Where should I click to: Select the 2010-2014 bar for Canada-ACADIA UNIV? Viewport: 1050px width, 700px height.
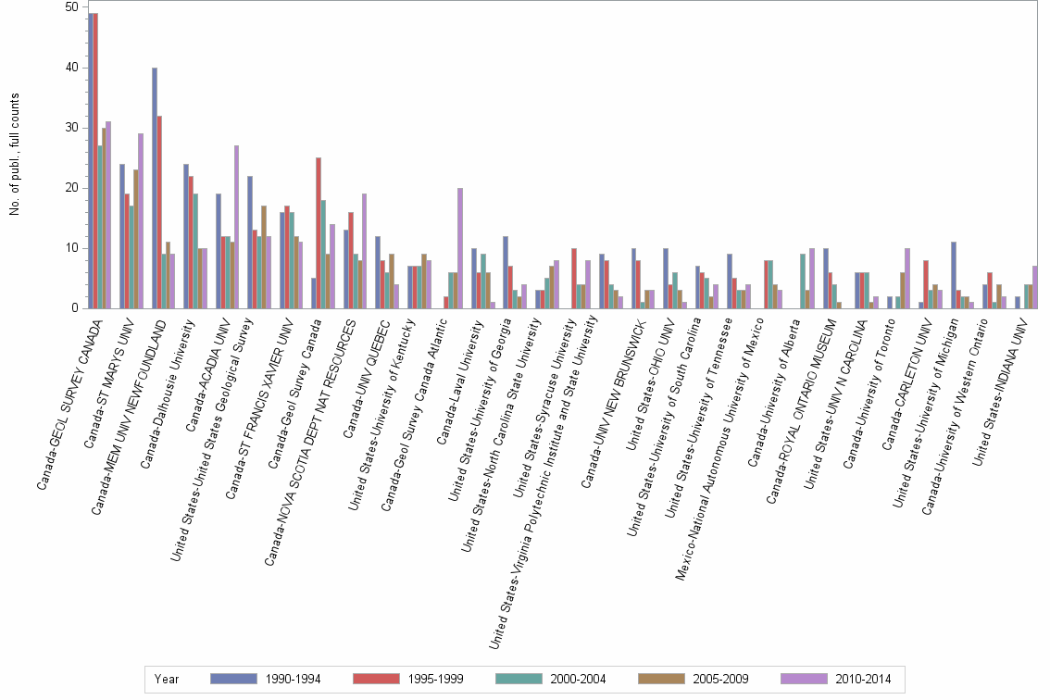coord(237,227)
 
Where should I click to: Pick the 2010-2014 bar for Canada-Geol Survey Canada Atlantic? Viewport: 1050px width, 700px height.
coord(460,248)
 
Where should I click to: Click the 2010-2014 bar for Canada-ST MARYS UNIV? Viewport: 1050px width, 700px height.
coord(141,221)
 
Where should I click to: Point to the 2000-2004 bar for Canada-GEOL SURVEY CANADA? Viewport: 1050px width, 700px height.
coord(100,227)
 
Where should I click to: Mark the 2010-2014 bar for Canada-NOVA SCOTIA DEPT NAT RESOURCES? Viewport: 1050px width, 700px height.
coord(365,251)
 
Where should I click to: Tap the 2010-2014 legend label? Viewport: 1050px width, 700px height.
coord(864,680)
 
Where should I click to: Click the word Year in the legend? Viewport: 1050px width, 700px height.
coord(167,680)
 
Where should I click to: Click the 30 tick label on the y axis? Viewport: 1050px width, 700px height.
coord(71,128)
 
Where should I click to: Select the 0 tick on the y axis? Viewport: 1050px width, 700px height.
coord(74,308)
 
